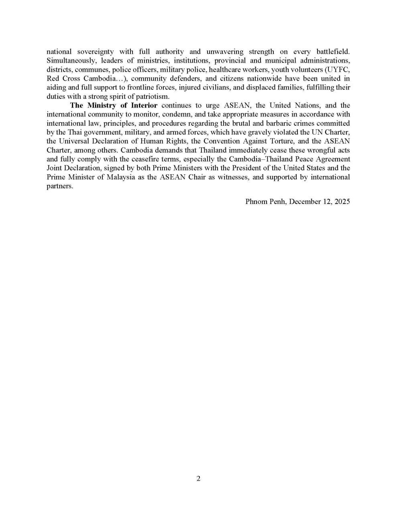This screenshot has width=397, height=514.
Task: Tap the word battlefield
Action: [x=333, y=52]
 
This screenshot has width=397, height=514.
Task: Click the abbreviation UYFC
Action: [x=337, y=69]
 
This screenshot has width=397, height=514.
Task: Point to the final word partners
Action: [x=59, y=186]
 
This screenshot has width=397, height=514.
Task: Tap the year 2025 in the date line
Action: [x=341, y=202]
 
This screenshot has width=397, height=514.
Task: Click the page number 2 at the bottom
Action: [x=198, y=478]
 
